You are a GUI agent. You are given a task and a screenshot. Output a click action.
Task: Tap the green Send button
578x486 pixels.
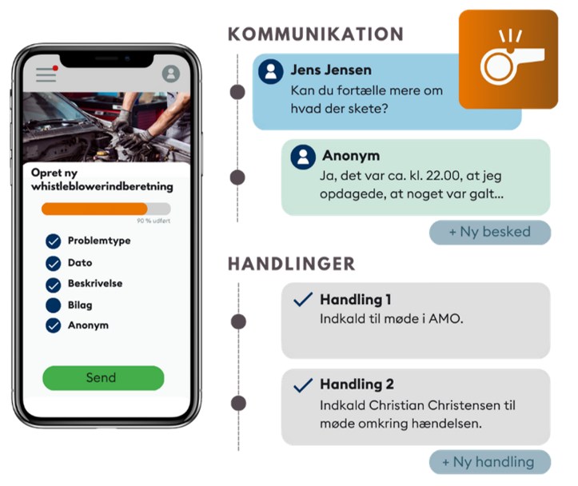(103, 377)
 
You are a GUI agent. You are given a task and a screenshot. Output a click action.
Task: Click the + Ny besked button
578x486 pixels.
(490, 232)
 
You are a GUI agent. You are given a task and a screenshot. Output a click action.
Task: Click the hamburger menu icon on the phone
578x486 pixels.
(46, 74)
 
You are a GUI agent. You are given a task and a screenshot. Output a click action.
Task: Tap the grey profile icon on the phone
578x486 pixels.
(171, 74)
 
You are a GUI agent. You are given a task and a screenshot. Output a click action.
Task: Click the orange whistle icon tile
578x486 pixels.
(508, 59)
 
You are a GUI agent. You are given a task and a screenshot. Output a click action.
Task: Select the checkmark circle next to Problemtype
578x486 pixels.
(54, 241)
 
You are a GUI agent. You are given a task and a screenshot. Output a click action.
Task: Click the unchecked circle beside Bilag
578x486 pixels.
(54, 305)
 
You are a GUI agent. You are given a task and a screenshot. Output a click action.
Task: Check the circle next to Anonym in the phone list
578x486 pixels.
(54, 325)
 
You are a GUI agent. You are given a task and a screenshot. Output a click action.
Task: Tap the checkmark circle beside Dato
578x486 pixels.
(54, 263)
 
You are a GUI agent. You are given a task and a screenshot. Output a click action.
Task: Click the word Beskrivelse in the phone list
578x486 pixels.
(95, 283)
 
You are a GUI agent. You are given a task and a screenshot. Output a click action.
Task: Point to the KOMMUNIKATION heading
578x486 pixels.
(316, 34)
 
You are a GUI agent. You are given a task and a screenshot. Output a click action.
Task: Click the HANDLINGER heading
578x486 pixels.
(291, 264)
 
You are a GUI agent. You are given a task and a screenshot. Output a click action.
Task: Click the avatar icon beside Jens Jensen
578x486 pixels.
(271, 71)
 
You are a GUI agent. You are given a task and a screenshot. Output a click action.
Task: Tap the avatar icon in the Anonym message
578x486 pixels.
(303, 157)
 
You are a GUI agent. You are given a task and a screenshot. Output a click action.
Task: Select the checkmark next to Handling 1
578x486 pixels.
(303, 299)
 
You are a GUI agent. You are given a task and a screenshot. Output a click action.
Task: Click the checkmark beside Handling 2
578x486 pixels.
(303, 385)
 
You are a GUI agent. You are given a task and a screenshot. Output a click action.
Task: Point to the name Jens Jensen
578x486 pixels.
(331, 70)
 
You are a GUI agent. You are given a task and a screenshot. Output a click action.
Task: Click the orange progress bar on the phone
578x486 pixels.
(94, 209)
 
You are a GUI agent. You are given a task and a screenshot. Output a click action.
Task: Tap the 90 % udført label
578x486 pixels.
(153, 221)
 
